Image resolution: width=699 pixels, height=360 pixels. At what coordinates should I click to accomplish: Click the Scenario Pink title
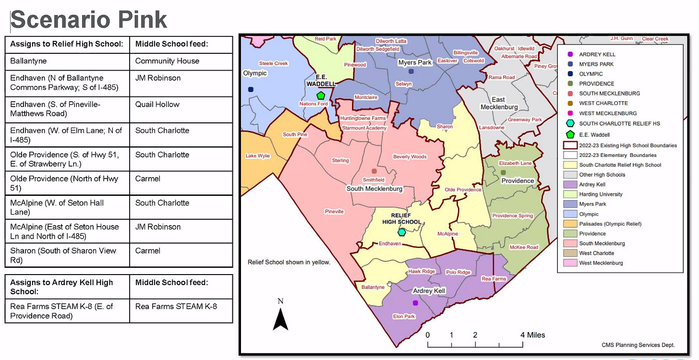(x=89, y=20)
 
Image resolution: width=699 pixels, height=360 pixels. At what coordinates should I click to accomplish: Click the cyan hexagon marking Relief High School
(x=402, y=232)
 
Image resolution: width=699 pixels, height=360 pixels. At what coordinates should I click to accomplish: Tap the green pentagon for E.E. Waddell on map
(x=321, y=96)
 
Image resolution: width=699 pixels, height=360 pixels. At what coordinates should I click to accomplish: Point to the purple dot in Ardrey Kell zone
(x=415, y=303)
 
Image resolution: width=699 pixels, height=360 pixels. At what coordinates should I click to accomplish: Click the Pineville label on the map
(x=334, y=211)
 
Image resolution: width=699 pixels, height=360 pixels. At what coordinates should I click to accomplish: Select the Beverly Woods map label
(x=410, y=156)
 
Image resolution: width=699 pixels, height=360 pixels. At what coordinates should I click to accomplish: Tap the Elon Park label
(x=404, y=316)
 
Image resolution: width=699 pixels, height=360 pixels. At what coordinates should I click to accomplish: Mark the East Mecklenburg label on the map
(x=499, y=103)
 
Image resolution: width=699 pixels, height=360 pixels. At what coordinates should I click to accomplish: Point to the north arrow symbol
(x=280, y=318)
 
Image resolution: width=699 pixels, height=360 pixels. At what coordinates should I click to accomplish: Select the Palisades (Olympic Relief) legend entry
(x=610, y=224)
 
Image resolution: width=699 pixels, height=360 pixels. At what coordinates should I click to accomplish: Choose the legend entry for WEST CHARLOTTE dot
(x=603, y=103)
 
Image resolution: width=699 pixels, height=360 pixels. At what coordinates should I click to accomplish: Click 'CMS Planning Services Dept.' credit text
(x=638, y=345)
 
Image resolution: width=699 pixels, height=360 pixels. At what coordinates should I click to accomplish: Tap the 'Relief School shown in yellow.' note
(x=289, y=262)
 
